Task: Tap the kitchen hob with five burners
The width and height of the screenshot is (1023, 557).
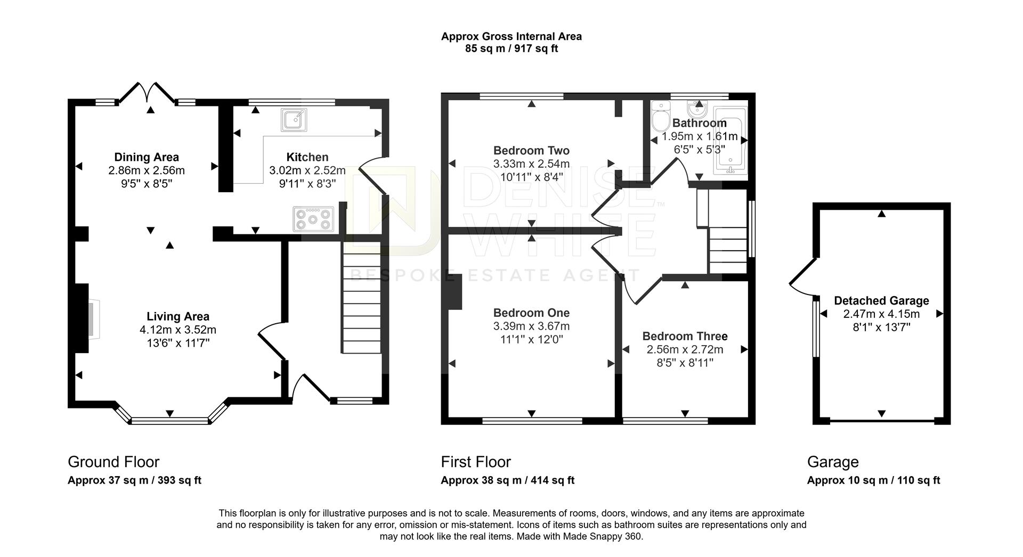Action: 313,219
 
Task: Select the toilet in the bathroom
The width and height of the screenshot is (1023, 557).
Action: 660,116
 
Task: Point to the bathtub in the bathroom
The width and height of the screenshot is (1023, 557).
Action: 730,140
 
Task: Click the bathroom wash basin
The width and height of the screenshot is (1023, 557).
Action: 697,110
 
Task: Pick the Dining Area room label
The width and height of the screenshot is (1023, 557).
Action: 147,157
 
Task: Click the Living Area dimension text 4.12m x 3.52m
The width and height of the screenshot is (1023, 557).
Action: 178,330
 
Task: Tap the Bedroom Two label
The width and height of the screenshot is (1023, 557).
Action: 531,151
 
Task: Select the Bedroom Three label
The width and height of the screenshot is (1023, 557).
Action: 685,337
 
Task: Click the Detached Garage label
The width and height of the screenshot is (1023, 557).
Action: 881,301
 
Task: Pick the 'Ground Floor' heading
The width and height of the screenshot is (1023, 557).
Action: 113,462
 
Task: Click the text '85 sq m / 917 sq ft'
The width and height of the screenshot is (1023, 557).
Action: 511,49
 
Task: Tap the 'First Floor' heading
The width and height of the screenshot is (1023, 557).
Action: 476,462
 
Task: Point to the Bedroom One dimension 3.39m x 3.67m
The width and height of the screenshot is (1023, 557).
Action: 531,326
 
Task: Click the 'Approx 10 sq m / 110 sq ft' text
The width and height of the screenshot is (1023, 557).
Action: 873,480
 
